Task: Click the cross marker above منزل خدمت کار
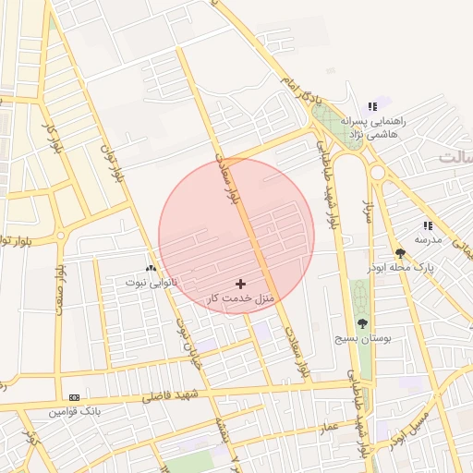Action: click(241, 284)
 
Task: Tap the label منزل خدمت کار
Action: click(240, 298)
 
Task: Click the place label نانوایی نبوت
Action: click(151, 279)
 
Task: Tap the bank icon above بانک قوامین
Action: click(74, 396)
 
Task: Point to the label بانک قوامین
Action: click(74, 410)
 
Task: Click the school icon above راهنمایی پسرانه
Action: click(373, 106)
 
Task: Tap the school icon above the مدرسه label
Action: click(428, 225)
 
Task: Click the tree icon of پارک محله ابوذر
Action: click(400, 252)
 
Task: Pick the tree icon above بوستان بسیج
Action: click(361, 323)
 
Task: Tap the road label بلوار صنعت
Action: click(62, 286)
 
